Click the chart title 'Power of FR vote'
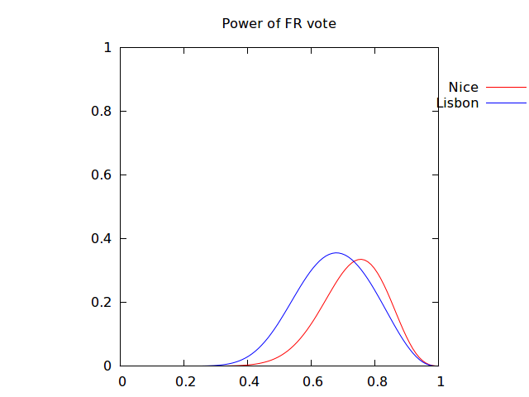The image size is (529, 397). [279, 23]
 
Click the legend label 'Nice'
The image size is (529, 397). [463, 87]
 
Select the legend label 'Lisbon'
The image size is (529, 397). [457, 103]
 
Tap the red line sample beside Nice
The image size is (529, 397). [506, 87]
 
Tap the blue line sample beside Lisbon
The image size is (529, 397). [506, 103]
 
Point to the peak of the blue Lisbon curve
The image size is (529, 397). [335, 253]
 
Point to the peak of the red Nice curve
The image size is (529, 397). [360, 260]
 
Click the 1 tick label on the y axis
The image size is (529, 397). [107, 48]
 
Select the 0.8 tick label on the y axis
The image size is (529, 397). [101, 112]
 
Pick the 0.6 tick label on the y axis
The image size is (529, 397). [101, 175]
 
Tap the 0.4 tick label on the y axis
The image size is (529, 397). [101, 239]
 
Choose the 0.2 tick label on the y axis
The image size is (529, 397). [101, 302]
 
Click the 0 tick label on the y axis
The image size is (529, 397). [107, 366]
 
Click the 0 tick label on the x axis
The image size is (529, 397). [122, 382]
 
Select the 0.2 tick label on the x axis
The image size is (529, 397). [184, 382]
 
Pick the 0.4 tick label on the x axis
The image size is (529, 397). [248, 382]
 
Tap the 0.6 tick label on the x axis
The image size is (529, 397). [312, 382]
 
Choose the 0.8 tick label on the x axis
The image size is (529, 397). [375, 382]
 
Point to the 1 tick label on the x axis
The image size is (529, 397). [440, 382]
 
